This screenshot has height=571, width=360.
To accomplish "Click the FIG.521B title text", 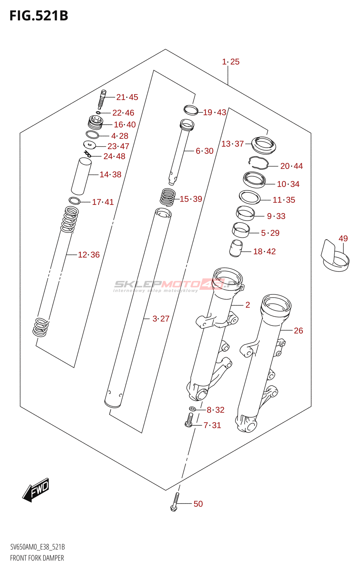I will click(x=39, y=16).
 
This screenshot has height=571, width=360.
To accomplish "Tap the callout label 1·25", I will click(x=231, y=62).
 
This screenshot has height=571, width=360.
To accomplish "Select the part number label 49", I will click(x=343, y=238).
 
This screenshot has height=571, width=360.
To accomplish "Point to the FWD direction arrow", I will click(x=36, y=489).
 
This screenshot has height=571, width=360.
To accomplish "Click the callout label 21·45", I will click(x=127, y=97).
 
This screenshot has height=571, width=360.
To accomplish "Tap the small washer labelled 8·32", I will click(x=192, y=409).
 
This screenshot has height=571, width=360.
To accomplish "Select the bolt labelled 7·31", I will click(x=189, y=420).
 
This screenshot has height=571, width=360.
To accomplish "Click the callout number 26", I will click(x=299, y=331).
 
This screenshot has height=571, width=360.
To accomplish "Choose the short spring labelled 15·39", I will click(x=167, y=197).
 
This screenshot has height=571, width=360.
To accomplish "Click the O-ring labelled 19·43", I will click(x=191, y=110).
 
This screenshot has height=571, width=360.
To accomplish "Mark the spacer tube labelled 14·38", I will click(x=81, y=176).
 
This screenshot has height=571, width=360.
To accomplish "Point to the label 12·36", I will click(x=89, y=255).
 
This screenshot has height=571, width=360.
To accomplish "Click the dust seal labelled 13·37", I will click(x=264, y=145).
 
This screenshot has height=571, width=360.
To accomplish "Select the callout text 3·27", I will click(x=161, y=319).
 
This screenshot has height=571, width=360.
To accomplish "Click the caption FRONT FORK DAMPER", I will click(x=37, y=558).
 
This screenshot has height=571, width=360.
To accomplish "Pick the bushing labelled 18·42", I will click(x=236, y=248).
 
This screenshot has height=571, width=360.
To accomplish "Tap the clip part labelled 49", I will click(x=334, y=256).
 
